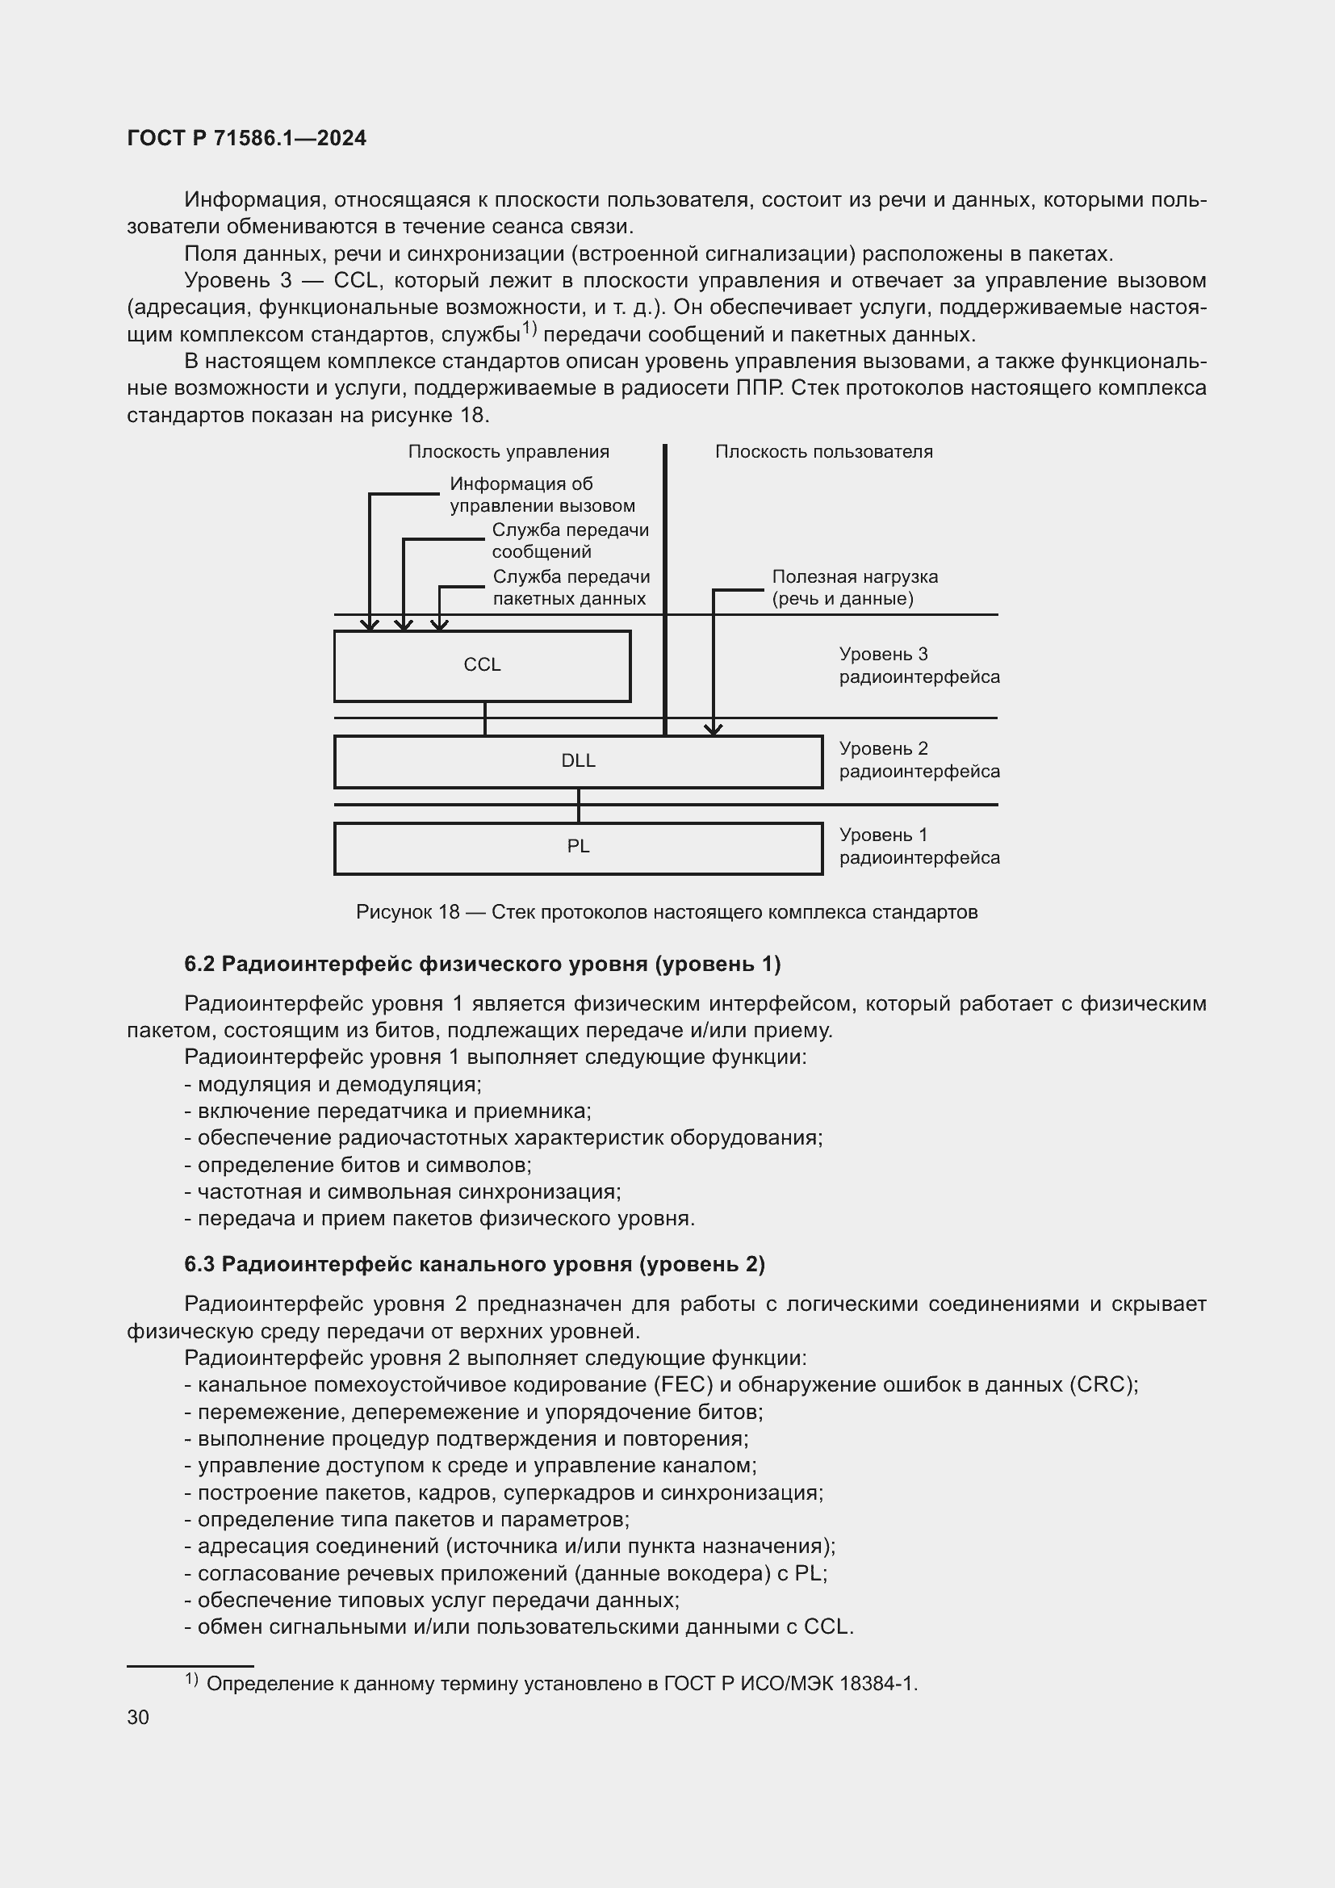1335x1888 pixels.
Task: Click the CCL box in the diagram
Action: point(482,665)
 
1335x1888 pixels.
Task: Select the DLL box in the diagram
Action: point(578,761)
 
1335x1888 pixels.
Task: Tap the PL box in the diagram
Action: point(578,848)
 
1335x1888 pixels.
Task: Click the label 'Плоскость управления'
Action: point(508,451)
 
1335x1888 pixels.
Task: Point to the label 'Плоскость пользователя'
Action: point(824,451)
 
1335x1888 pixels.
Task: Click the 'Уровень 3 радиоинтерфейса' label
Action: point(919,665)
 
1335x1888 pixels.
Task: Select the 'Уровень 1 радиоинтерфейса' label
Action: point(919,846)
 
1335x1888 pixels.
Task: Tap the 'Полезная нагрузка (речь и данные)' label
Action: point(854,587)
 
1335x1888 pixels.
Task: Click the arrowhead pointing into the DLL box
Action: point(713,729)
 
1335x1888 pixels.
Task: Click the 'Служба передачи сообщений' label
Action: point(570,540)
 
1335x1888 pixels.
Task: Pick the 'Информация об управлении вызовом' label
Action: point(541,494)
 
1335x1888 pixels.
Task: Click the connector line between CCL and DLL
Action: point(485,718)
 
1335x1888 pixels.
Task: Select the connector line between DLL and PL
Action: point(579,806)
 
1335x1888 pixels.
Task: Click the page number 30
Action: point(138,1717)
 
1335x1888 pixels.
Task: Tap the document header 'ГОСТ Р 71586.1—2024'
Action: point(247,138)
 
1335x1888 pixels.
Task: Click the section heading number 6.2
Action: point(199,964)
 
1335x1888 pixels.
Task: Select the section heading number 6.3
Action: point(199,1264)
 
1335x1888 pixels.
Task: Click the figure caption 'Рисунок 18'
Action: point(408,912)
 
